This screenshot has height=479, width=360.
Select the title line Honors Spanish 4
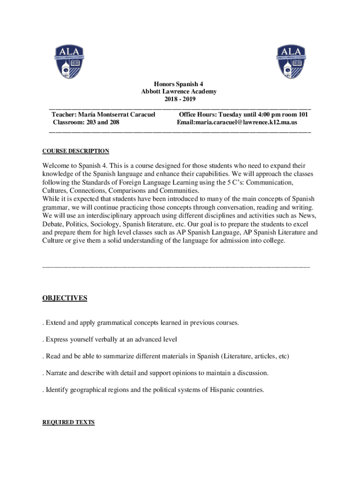(180, 84)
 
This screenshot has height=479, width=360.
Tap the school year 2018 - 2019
(180, 99)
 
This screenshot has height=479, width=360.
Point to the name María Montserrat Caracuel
(116, 114)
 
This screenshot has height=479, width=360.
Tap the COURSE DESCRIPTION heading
(76, 151)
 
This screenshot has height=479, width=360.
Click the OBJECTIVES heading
(65, 298)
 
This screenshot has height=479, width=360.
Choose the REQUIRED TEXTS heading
(68, 422)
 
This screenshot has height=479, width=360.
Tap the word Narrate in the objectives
(58, 373)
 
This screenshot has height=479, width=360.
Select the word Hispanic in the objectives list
(221, 390)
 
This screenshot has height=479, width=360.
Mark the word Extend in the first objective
(56, 323)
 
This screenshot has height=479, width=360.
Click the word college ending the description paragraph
(272, 240)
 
